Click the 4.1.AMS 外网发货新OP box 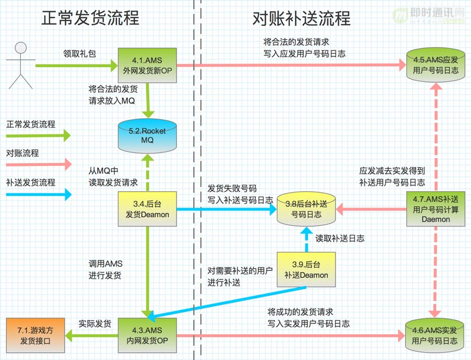147,65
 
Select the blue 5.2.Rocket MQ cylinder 147,136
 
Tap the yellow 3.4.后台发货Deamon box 147,209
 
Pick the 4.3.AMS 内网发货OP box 147,335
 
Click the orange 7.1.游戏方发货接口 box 35,335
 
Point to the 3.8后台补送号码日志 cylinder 306,209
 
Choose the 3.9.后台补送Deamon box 306,269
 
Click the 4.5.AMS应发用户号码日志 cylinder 436,65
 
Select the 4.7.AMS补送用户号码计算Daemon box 436,209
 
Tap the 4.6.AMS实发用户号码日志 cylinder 434,335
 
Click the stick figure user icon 21,65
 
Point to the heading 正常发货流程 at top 90,18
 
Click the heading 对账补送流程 301,18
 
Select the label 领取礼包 79,54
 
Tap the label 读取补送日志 340,238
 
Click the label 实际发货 95,324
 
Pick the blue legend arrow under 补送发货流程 39,194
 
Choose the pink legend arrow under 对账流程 39,164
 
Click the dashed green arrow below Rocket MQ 148,173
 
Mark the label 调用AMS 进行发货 105,269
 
